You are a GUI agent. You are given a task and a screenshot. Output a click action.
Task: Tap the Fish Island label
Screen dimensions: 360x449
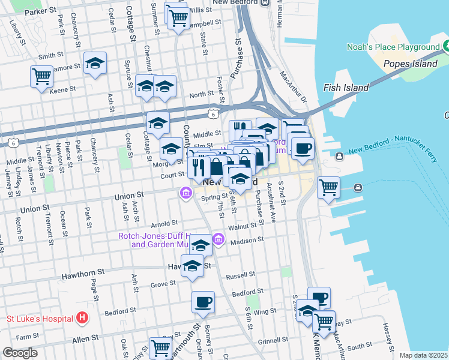[x=346, y=88]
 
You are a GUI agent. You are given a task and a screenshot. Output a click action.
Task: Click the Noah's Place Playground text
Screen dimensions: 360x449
[x=393, y=47]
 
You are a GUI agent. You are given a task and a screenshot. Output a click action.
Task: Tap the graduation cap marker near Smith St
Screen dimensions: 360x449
[x=95, y=64]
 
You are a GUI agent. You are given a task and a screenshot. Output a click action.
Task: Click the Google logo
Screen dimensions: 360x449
[x=20, y=353]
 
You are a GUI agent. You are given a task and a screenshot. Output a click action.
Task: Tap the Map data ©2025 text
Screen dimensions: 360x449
[x=423, y=355]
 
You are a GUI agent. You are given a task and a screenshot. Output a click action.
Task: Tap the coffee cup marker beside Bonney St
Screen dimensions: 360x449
[x=203, y=302]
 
